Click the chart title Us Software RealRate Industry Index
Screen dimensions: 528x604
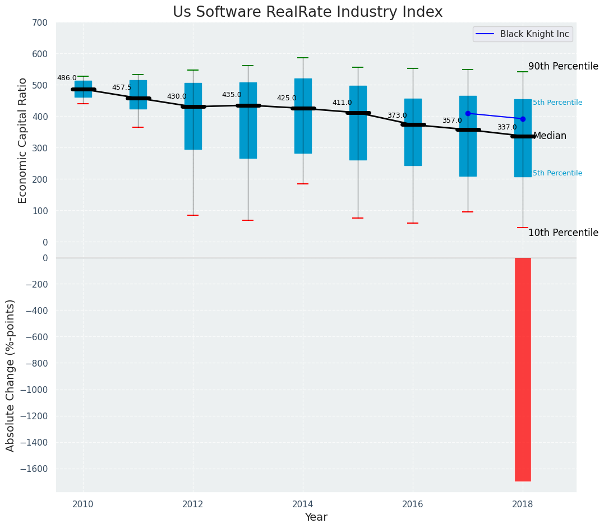point(307,12)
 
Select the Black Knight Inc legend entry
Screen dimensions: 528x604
point(522,34)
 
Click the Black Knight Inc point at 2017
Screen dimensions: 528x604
point(468,113)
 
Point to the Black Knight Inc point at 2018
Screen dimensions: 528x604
point(523,119)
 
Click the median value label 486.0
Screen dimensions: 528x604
point(67,78)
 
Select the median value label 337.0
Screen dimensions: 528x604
point(507,127)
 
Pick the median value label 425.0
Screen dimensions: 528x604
point(287,98)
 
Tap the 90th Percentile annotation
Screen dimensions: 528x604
point(563,66)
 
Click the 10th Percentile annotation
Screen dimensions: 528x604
point(563,233)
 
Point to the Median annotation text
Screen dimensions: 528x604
point(550,136)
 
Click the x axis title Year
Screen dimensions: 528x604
point(316,517)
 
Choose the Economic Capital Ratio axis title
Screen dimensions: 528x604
point(23,140)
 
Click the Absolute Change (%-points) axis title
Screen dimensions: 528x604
point(11,375)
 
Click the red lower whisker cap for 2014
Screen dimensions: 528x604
point(303,184)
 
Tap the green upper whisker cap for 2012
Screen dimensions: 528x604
point(193,70)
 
